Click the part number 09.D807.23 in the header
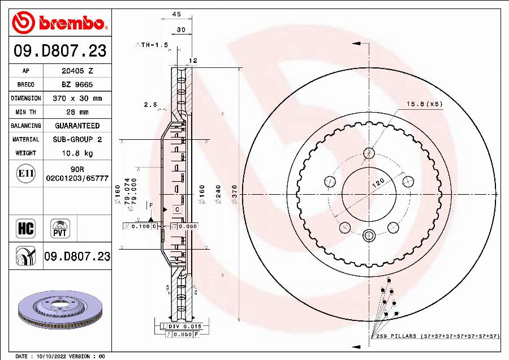tap(59, 52)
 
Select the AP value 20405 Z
tap(77, 71)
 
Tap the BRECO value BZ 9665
tap(77, 85)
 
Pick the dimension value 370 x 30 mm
tap(77, 98)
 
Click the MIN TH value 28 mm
tap(77, 112)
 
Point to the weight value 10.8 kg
tap(77, 153)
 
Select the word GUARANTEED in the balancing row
tap(77, 126)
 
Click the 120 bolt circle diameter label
tap(378, 183)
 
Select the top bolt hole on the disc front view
tap(369, 153)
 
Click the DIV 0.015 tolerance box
tap(182, 327)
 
